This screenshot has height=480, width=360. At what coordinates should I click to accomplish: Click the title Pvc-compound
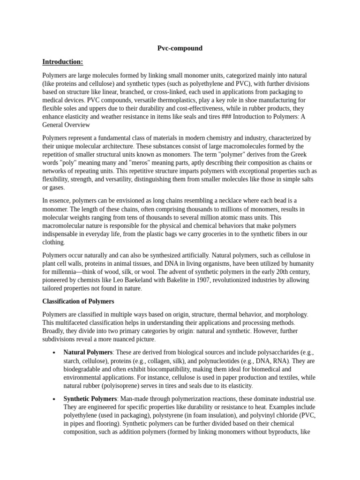pyautogui.click(x=180, y=48)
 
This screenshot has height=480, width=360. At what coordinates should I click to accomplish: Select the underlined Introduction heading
pyautogui.click(x=62, y=62)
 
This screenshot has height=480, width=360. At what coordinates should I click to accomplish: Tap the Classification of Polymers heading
pyautogui.click(x=78, y=301)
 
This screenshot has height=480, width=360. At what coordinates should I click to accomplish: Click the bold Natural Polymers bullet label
pyautogui.click(x=88, y=352)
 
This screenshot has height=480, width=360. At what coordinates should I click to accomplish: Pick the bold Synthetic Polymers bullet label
pyautogui.click(x=90, y=398)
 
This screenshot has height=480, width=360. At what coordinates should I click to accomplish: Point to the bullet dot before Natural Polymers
pyautogui.click(x=55, y=352)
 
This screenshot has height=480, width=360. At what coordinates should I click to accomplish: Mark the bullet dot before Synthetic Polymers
pyautogui.click(x=55, y=399)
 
